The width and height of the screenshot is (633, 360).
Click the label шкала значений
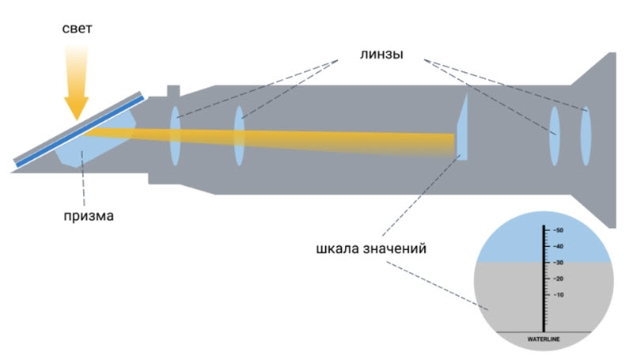pyautogui.click(x=370, y=248)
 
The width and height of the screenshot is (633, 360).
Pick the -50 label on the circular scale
pyautogui.click(x=558, y=230)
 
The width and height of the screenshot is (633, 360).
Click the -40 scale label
pyautogui.click(x=558, y=246)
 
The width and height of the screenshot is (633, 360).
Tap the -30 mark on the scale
pyautogui.click(x=558, y=263)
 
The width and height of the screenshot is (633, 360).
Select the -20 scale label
pyautogui.click(x=558, y=279)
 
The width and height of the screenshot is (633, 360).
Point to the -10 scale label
pyautogui.click(x=558, y=295)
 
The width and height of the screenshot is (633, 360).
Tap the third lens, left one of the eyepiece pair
pyautogui.click(x=554, y=135)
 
